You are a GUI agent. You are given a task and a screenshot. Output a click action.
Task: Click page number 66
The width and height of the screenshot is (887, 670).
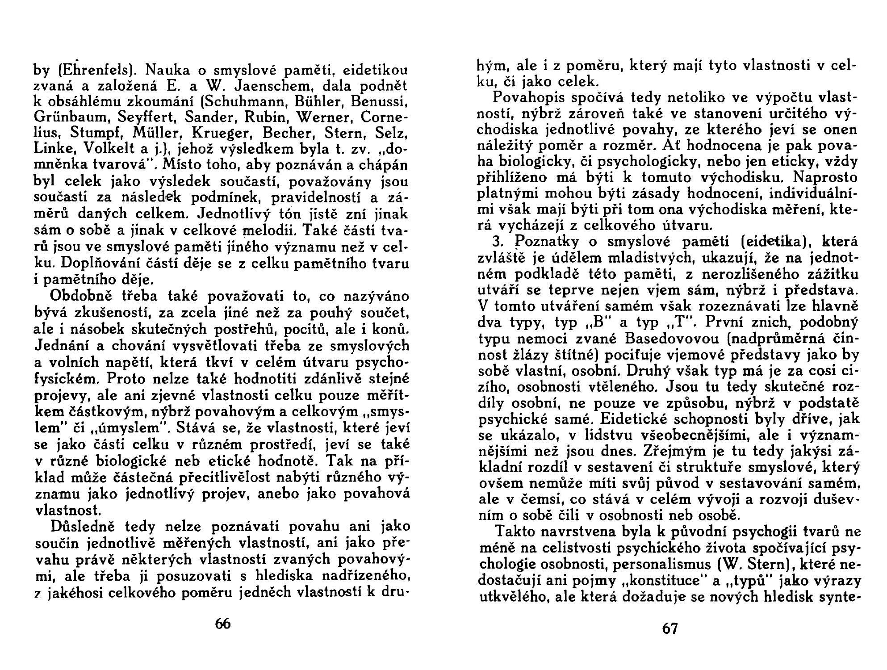pyautogui.click(x=222, y=623)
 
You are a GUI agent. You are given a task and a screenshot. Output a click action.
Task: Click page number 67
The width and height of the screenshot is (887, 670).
pyautogui.click(x=669, y=628)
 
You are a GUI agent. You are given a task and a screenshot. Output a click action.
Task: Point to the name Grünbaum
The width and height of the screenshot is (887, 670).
pyautogui.click(x=72, y=118)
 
